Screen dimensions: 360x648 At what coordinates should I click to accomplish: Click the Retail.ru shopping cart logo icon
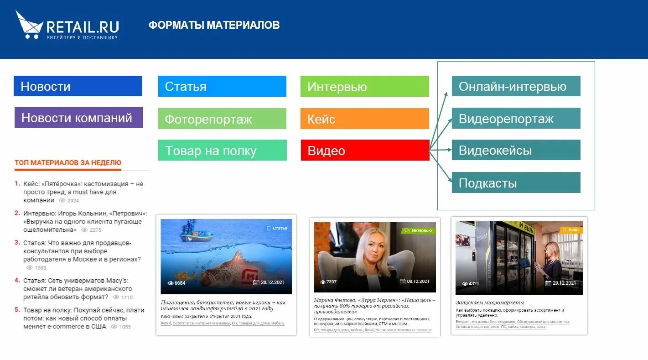(x=29, y=25)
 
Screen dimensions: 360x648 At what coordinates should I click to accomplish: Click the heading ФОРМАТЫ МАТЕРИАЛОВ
(x=214, y=25)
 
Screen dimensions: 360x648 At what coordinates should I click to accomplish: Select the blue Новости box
(x=78, y=86)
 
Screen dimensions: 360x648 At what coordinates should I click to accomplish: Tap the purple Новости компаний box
(x=78, y=118)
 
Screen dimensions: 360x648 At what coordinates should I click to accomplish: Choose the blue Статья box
(x=222, y=86)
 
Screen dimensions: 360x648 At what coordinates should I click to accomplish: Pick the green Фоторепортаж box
(x=222, y=119)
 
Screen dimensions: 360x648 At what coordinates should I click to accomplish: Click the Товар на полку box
(x=222, y=151)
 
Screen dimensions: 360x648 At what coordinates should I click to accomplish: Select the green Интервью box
(x=364, y=86)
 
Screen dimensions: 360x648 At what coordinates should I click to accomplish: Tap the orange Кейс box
(x=364, y=119)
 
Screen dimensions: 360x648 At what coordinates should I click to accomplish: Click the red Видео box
(x=364, y=151)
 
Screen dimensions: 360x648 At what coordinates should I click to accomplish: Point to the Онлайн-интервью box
(x=516, y=86)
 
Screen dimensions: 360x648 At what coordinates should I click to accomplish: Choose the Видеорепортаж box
(x=516, y=119)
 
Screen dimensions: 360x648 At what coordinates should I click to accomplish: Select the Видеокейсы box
(x=516, y=150)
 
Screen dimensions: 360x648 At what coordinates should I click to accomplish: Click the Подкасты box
(x=516, y=183)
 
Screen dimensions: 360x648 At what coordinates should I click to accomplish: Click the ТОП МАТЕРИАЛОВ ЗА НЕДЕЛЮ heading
(x=68, y=162)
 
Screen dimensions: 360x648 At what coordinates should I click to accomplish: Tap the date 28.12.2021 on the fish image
(x=272, y=282)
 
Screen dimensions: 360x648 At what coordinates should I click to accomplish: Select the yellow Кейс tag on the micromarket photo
(x=570, y=230)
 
